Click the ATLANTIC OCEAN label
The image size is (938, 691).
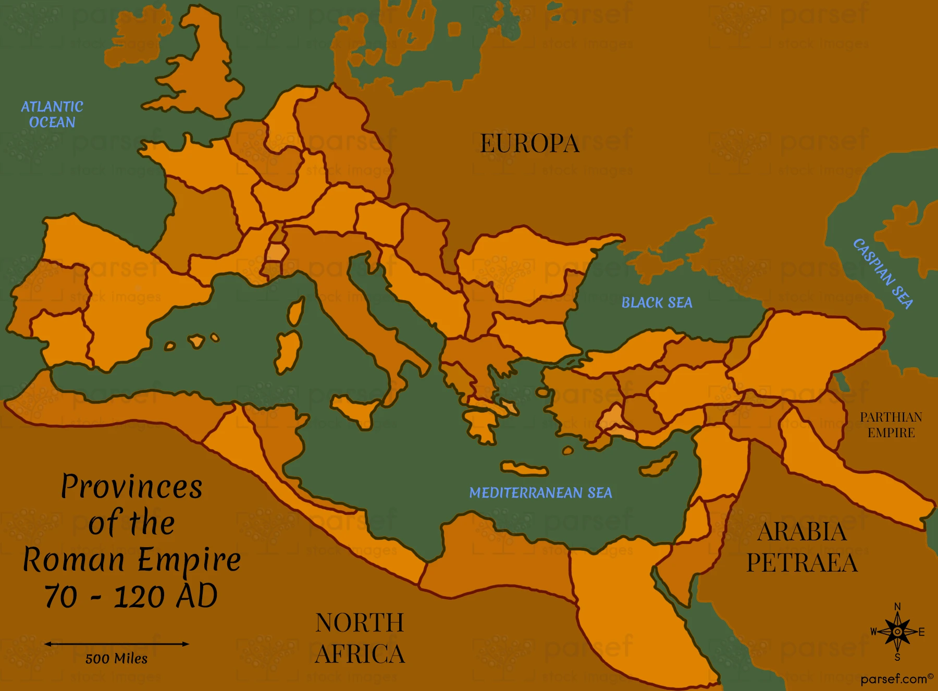[52, 115]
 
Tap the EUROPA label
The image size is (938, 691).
[529, 144]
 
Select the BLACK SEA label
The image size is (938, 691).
[657, 303]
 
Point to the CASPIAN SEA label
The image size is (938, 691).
[883, 274]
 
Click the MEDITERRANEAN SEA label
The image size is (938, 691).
[540, 493]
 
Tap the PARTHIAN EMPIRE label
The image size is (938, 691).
[891, 425]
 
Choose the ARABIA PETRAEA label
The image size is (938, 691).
[802, 547]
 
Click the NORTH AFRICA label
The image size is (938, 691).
[360, 638]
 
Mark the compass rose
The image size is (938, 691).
[897, 632]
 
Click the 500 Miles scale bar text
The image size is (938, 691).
[116, 659]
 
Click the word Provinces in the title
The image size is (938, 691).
[131, 487]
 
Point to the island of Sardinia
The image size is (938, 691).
[288, 352]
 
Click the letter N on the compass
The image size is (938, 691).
[897, 607]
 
